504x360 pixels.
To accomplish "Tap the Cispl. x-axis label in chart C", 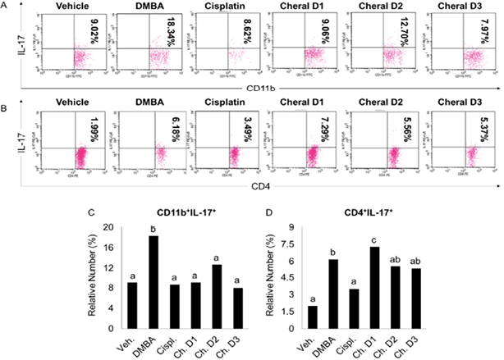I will click(170, 342).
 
